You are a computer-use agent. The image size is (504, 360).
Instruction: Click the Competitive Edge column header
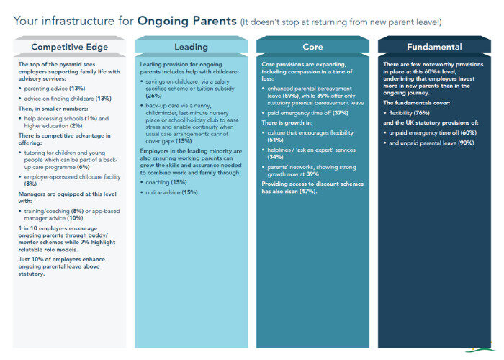tap(71, 47)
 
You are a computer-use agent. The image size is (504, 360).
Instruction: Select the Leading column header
tap(191, 47)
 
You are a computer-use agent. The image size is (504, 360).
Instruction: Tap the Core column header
tap(312, 47)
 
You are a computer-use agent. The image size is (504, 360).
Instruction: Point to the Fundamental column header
tap(433, 47)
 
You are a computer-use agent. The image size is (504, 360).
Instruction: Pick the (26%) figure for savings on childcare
tap(153, 94)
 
